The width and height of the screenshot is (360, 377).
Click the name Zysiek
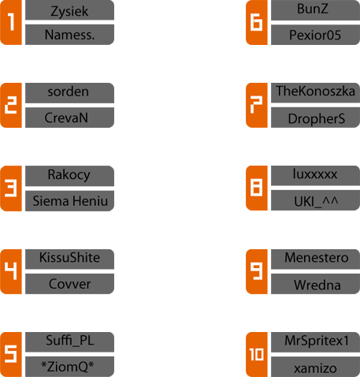click(69, 10)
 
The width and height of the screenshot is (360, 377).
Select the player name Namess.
click(69, 35)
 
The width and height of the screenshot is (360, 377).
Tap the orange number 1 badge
click(11, 22)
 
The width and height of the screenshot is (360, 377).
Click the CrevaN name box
click(69, 118)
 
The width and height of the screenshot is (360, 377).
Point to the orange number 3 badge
click(11, 188)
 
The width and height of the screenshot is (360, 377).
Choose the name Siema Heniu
click(69, 201)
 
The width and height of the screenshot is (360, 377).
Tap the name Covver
click(69, 284)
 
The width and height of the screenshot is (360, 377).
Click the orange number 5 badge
click(11, 354)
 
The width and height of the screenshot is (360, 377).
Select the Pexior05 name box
click(315, 35)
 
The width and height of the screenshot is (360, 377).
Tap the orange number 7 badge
click(257, 105)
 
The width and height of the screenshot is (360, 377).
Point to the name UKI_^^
click(315, 200)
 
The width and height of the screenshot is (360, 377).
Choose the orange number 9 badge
click(257, 271)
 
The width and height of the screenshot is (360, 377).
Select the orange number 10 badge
click(257, 354)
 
